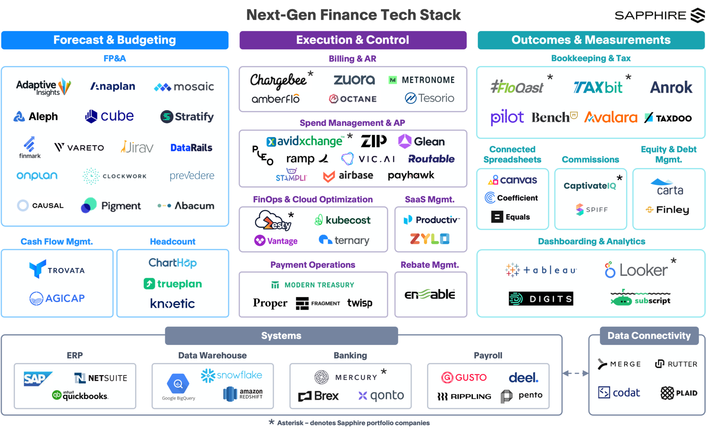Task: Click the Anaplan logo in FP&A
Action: pyautogui.click(x=112, y=86)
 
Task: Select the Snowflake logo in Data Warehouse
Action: pyautogui.click(x=232, y=375)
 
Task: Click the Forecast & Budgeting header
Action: pyautogui.click(x=114, y=40)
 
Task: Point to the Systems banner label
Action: pyautogui.click(x=281, y=336)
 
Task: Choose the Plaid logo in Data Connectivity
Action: pyautogui.click(x=679, y=393)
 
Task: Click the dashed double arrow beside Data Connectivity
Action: pyautogui.click(x=575, y=373)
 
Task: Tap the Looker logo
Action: pyautogui.click(x=636, y=270)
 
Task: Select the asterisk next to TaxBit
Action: pyautogui.click(x=628, y=77)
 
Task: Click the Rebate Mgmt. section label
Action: pyautogui.click(x=430, y=265)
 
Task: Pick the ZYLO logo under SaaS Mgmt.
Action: pyautogui.click(x=430, y=239)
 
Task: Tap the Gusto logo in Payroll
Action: pyautogui.click(x=464, y=377)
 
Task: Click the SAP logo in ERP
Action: pyautogui.click(x=37, y=378)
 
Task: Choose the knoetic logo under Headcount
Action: pyautogui.click(x=172, y=304)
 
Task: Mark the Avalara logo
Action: pyautogui.click(x=611, y=118)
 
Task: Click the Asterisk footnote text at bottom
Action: pyautogui.click(x=353, y=423)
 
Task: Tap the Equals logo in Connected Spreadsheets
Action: pyautogui.click(x=511, y=217)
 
